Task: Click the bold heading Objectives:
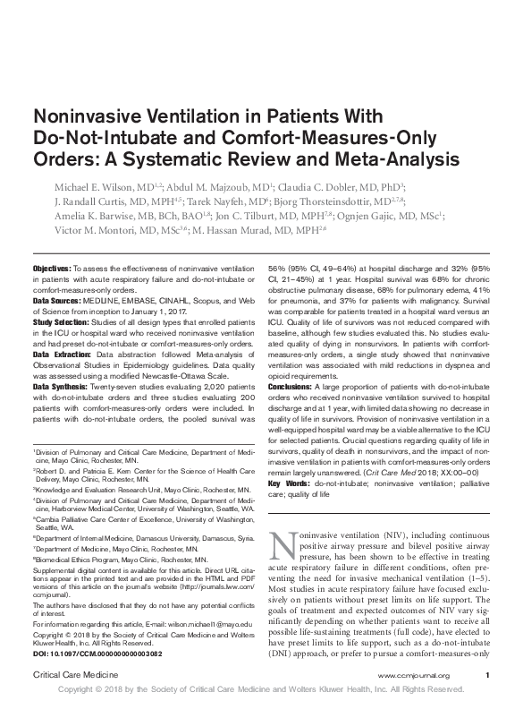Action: [x=52, y=269]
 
